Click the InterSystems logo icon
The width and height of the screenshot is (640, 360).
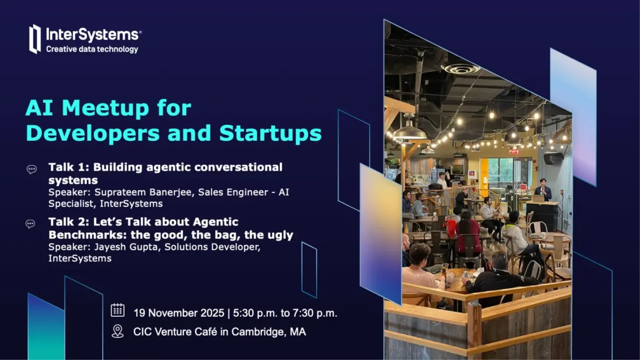(x=35, y=39)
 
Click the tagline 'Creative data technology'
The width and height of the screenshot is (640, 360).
(x=92, y=50)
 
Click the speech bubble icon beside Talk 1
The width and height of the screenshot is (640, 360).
(x=31, y=169)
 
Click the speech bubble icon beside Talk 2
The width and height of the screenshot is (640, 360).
(x=31, y=224)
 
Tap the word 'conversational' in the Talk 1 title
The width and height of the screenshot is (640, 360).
(x=239, y=167)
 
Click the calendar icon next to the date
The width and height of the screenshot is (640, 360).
(x=117, y=310)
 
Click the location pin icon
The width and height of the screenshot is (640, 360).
(x=117, y=331)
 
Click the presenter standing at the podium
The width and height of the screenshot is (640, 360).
(x=542, y=189)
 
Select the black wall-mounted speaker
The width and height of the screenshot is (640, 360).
(x=554, y=158)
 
